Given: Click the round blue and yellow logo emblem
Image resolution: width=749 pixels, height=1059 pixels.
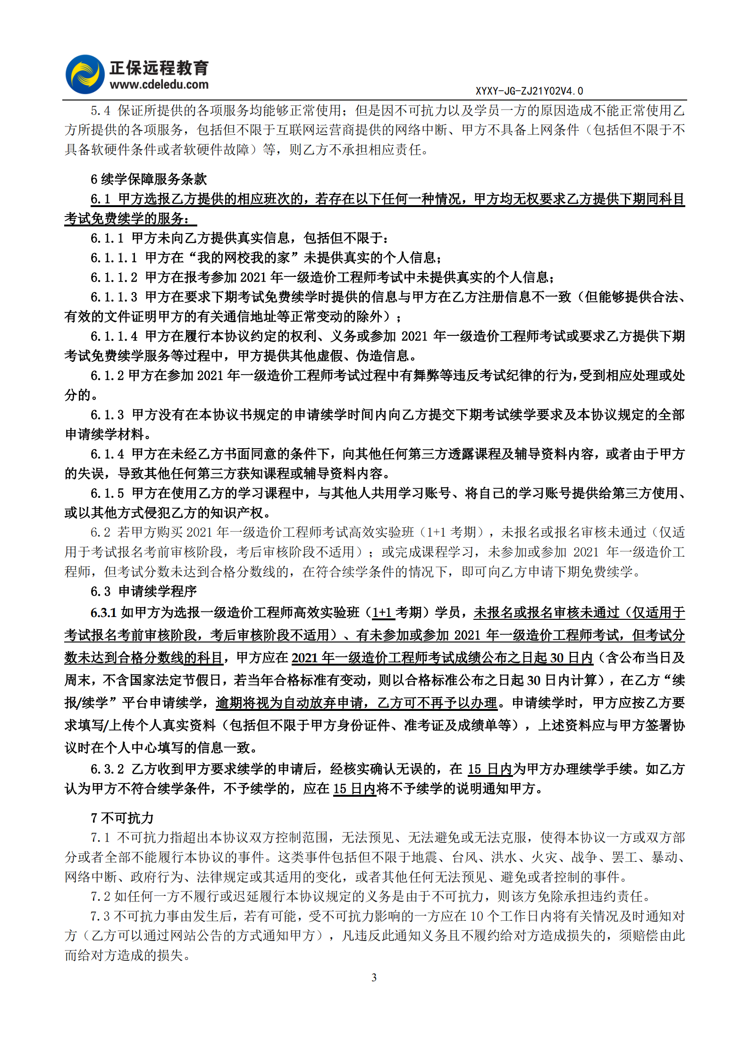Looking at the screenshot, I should pos(85,75).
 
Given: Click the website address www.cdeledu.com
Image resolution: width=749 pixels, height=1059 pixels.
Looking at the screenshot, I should pos(159,85).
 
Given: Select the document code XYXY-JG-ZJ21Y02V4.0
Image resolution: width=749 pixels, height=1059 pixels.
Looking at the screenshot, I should pos(529,91).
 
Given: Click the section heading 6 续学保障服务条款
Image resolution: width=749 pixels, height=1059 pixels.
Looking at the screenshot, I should pos(149,179).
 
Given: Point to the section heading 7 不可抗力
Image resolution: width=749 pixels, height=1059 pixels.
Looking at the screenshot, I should pos(122,817).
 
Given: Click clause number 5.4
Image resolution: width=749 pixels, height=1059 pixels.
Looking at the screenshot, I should pos(101,110).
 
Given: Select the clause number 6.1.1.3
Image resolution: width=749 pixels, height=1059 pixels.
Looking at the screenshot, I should pos(114,297).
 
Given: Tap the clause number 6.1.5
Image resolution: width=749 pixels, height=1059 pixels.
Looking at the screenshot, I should pos(107,493).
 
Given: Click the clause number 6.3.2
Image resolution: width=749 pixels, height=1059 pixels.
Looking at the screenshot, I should pos(107,769).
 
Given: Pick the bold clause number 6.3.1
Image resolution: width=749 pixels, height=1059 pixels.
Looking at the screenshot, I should pos(103,612).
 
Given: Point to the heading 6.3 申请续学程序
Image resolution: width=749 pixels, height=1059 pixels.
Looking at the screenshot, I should pos(143,591).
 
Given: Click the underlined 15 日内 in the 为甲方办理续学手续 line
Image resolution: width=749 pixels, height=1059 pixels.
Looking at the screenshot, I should pos(490,769).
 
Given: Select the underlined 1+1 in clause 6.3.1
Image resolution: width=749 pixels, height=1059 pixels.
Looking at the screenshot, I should pos(383,612).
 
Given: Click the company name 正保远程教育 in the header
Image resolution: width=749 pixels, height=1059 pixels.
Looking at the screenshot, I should pos(159,68).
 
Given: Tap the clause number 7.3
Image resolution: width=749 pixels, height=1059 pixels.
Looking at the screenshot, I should pos(101,916).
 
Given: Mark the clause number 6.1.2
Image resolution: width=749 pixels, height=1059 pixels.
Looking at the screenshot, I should pos(107,375).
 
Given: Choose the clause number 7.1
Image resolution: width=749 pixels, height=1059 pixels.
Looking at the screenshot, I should pos(101,837).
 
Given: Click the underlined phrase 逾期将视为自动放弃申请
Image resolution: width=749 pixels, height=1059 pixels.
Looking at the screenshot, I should pos(289,703).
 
